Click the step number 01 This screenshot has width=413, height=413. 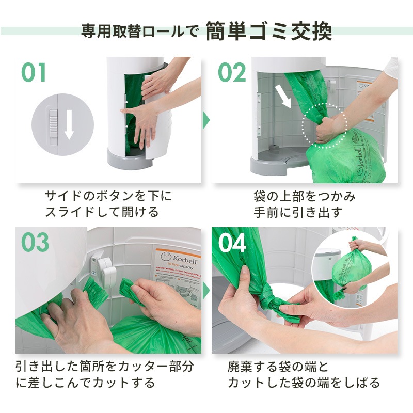[x=34, y=73]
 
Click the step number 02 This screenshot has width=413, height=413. [x=232, y=73]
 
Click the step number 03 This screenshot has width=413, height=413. [x=35, y=242]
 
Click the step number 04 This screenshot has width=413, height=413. [x=233, y=243]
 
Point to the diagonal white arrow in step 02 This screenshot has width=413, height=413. [x=282, y=95]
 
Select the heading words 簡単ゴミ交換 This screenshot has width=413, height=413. [x=268, y=31]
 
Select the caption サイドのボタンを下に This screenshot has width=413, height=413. [x=108, y=196]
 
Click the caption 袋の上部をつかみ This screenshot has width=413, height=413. [x=305, y=196]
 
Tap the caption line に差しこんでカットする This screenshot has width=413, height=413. [x=85, y=383]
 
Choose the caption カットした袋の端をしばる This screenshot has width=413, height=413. [x=304, y=383]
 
